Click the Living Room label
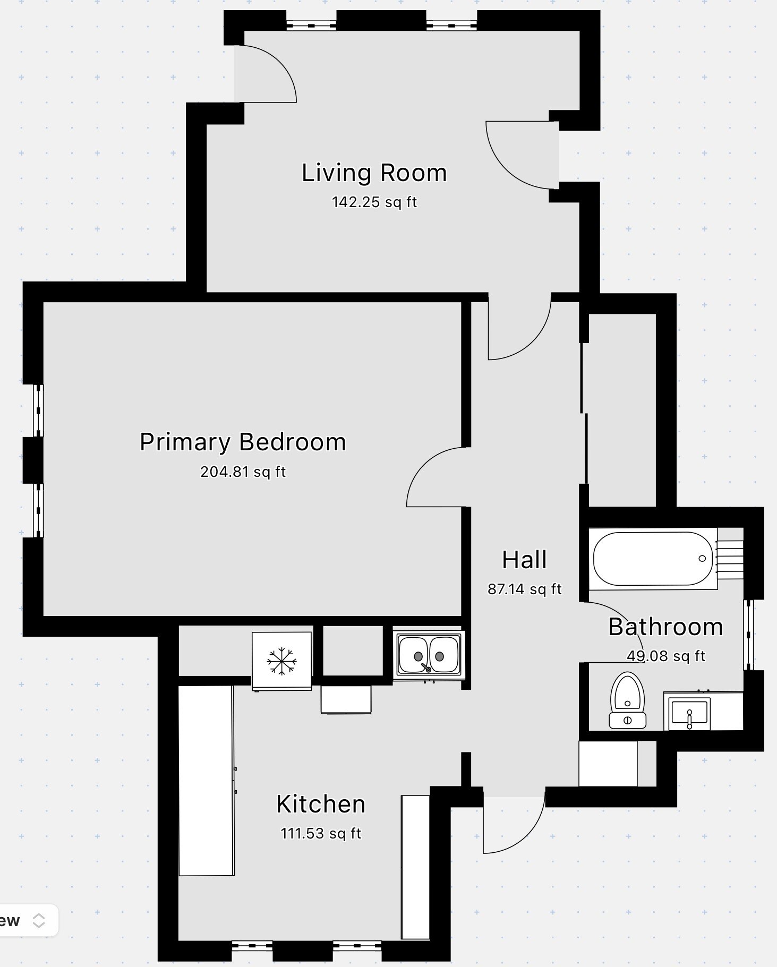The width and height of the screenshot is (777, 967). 374,173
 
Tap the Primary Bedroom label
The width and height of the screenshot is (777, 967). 243,442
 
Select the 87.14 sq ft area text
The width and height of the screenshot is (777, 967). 525,589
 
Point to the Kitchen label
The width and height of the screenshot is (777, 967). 321,804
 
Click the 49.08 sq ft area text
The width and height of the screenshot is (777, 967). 666,656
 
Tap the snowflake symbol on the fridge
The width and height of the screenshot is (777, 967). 281,661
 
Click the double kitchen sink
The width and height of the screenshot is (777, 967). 429,655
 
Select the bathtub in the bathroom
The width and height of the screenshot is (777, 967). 653,559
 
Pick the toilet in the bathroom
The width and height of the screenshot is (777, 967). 627,700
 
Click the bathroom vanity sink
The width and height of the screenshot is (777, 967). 689,712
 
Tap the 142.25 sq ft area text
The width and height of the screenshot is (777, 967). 374,202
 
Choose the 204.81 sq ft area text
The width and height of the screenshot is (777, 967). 243,472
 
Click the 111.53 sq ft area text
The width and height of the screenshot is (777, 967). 321,833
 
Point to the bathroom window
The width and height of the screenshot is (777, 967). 748,635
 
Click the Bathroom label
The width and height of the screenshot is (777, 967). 665,627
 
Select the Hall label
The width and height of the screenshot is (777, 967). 525,560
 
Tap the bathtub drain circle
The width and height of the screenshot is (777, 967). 702,558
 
